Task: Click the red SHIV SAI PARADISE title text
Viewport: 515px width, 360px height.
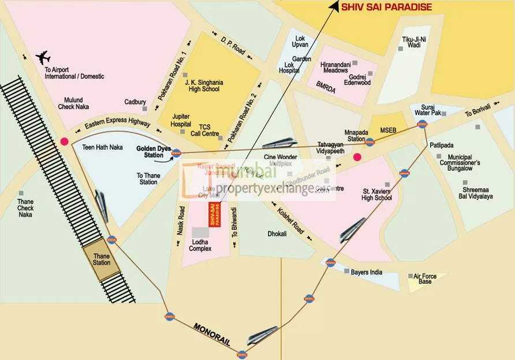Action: tap(387, 7)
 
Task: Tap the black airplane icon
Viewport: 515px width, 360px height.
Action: tap(43, 57)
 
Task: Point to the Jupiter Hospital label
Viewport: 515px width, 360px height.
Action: tap(181, 120)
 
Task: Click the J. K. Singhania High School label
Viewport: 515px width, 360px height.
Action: tap(203, 86)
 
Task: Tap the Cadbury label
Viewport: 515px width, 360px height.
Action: tap(135, 102)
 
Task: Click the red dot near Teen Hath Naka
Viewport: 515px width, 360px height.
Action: tap(64, 140)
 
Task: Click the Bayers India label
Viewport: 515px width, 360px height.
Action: tap(367, 272)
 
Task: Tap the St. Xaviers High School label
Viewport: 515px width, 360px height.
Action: tap(377, 194)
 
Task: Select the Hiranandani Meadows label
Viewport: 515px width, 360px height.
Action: tap(335, 67)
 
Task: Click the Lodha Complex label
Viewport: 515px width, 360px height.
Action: tap(200, 244)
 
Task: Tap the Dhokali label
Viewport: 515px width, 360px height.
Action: tap(277, 235)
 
